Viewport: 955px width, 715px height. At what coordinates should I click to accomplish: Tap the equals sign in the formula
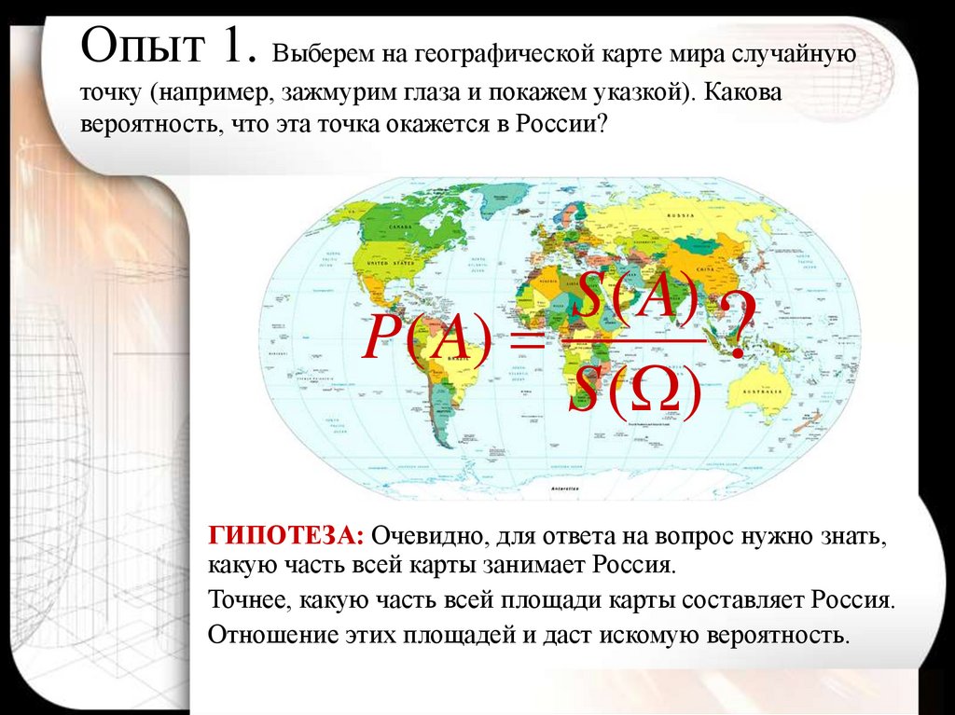coord(526,343)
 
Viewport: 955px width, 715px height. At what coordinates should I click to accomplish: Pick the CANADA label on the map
coord(400,227)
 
